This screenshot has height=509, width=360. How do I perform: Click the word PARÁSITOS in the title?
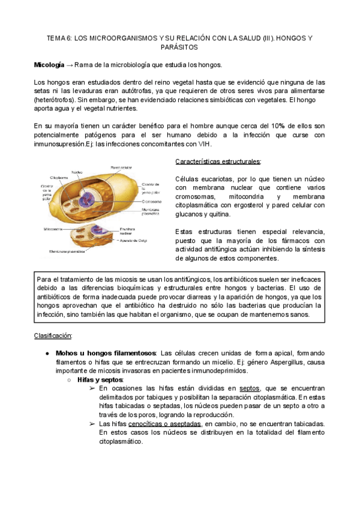pos(179,47)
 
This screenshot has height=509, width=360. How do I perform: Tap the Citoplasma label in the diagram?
pos(59,178)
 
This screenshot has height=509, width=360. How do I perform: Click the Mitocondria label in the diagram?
pos(54,229)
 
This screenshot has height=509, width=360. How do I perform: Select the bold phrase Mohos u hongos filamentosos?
pos(106,353)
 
